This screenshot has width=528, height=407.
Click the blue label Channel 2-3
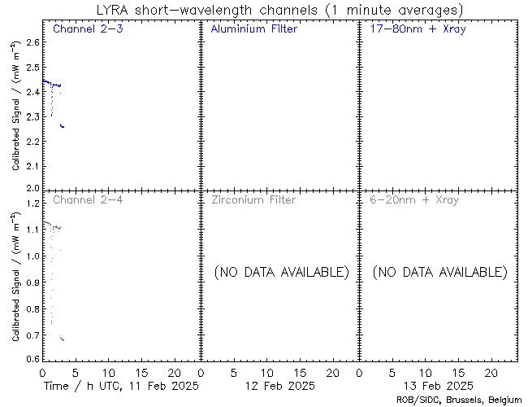(x=83, y=29)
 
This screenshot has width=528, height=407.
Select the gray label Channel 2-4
(x=83, y=199)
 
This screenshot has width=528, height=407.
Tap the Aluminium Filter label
(x=253, y=29)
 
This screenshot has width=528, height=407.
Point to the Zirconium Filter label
(x=253, y=199)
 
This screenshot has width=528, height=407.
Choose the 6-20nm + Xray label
(x=414, y=199)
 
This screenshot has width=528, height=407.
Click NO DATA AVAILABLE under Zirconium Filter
(x=281, y=271)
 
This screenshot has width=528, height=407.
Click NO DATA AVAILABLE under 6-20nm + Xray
(x=439, y=271)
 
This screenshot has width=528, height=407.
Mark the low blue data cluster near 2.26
(x=63, y=126)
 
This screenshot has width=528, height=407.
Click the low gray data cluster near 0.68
(x=62, y=338)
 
